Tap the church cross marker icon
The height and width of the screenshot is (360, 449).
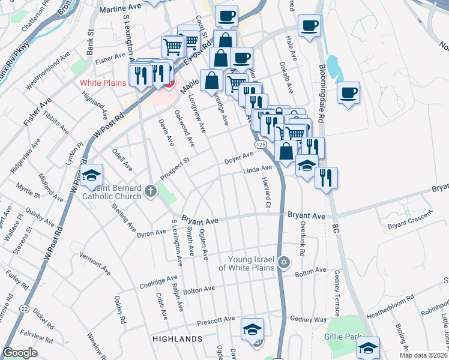pos(150,192)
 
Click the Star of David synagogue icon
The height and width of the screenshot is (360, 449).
pos(284,262)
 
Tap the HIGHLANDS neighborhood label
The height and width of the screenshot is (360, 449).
pos(177,339)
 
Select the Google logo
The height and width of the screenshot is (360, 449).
pos(20,353)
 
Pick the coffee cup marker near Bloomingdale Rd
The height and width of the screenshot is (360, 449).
pos(348,94)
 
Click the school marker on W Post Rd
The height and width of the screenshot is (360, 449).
pos(91,175)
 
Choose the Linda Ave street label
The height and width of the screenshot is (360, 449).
pos(258,171)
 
